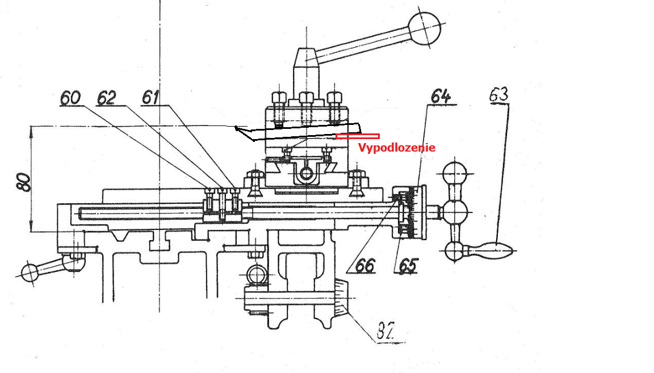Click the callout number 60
point(70,98)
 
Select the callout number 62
point(106,98)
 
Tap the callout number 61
point(150,98)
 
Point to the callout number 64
point(441,96)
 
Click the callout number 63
point(499,95)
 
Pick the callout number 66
point(366,265)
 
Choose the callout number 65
point(408,265)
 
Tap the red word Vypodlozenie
point(396,148)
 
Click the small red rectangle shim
point(358,136)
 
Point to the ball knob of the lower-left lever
point(29,273)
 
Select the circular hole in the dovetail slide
point(307,172)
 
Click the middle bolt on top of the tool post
point(307,98)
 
